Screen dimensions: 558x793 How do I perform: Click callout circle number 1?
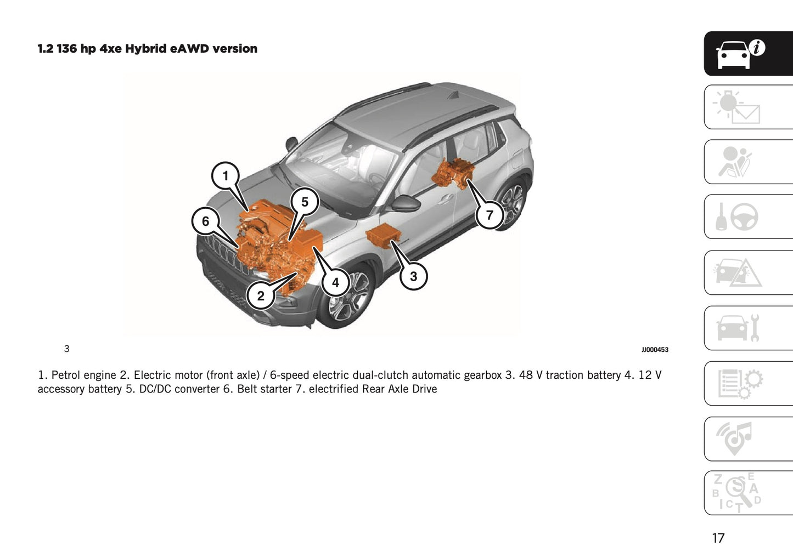pyautogui.click(x=225, y=176)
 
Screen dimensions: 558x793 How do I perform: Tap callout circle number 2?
pyautogui.click(x=260, y=296)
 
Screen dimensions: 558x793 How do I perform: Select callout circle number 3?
pyautogui.click(x=413, y=276)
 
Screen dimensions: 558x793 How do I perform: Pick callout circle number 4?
pyautogui.click(x=335, y=283)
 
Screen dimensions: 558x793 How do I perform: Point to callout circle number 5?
pyautogui.click(x=305, y=202)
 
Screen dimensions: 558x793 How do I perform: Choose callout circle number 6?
pyautogui.click(x=205, y=221)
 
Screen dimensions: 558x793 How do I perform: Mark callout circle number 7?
pyautogui.click(x=490, y=215)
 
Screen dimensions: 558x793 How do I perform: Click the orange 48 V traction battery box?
pyautogui.click(x=383, y=236)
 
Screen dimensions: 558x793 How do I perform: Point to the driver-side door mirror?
pyautogui.click(x=406, y=203)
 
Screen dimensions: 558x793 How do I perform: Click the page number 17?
pyautogui.click(x=718, y=538)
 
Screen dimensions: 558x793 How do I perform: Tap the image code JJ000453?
pyautogui.click(x=655, y=350)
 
